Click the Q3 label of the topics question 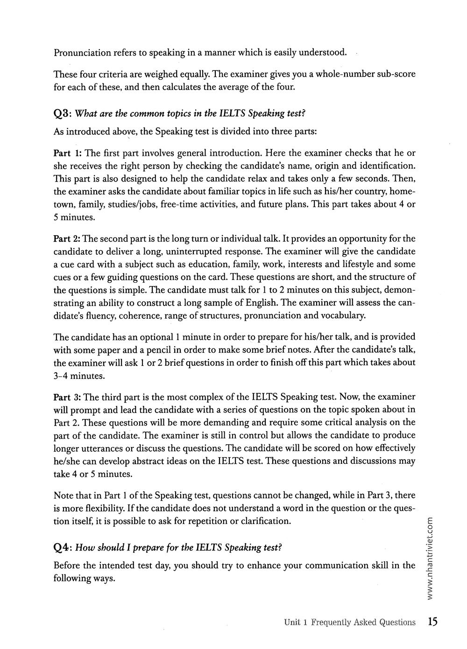[62, 114]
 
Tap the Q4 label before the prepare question [62, 547]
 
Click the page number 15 [432, 622]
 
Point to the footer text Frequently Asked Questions [363, 622]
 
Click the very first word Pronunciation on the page [82, 52]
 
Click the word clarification [265, 521]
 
